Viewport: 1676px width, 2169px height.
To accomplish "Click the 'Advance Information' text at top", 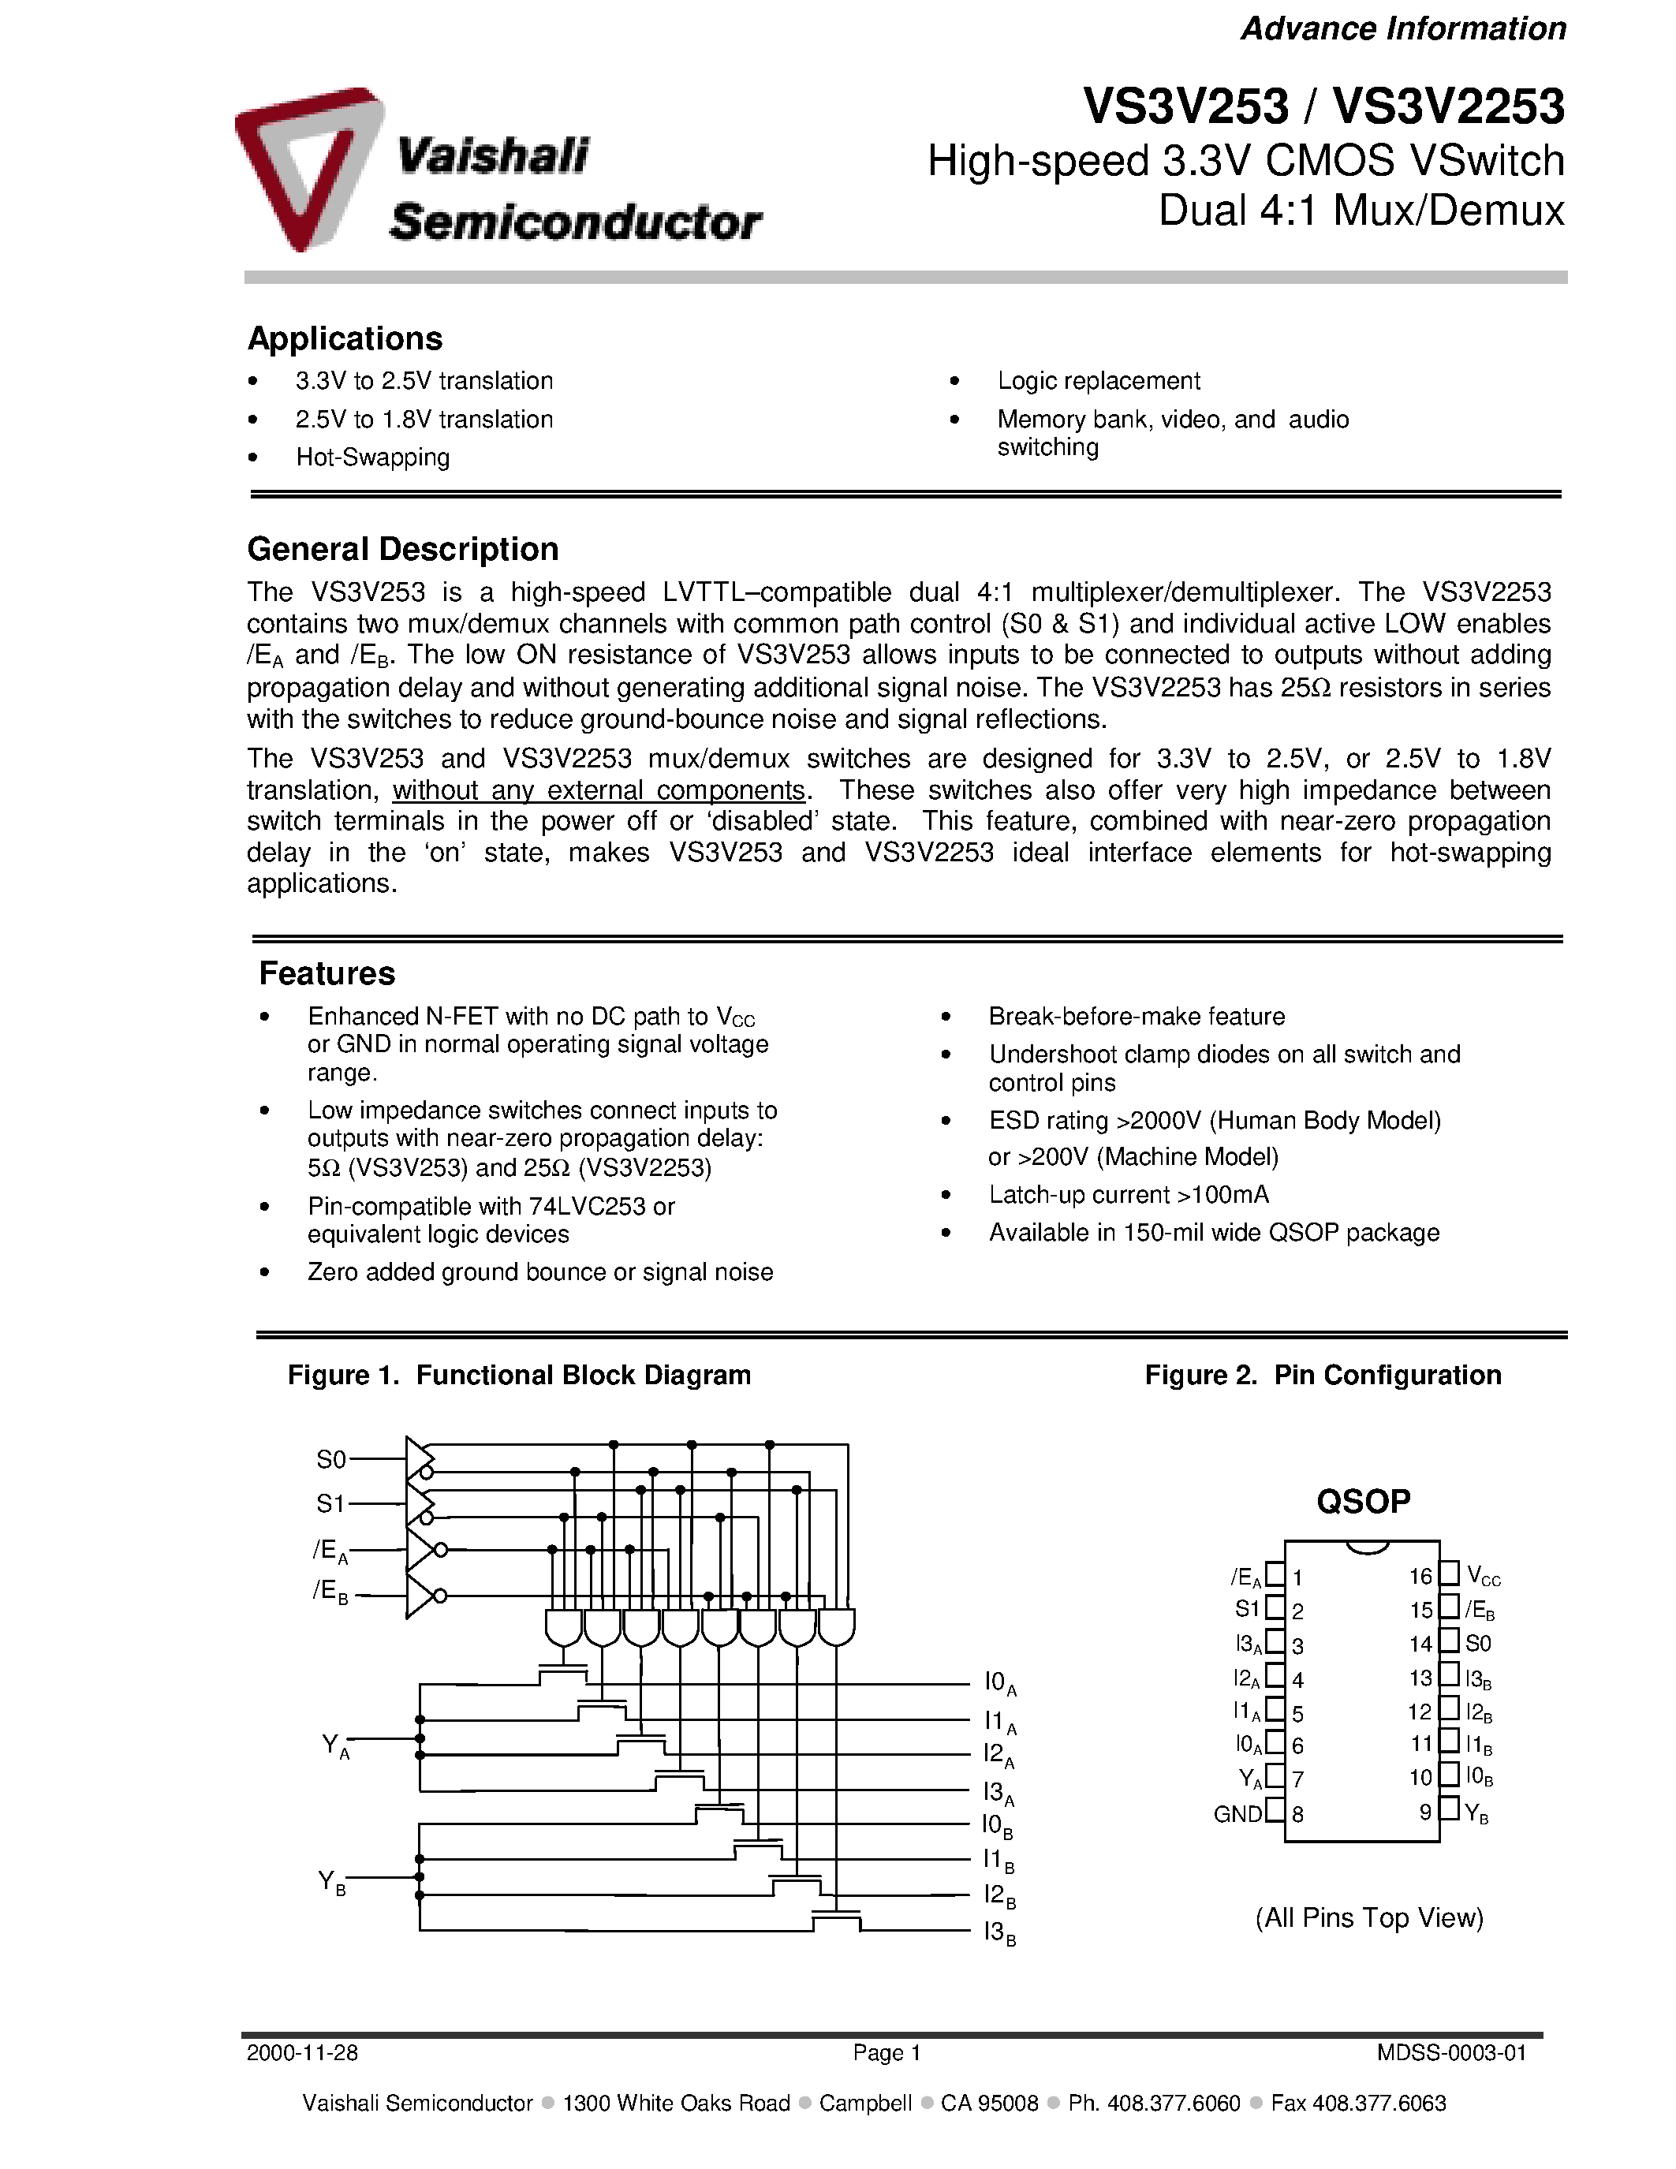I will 1403,29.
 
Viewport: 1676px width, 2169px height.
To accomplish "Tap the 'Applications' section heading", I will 345,338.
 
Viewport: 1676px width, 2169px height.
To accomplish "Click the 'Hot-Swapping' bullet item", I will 372,457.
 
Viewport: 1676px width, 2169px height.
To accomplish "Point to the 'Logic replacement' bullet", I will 1098,382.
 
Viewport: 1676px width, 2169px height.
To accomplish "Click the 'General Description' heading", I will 402,549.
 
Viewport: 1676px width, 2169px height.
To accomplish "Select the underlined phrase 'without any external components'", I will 599,790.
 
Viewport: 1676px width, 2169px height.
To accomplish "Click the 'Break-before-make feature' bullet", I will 1136,1017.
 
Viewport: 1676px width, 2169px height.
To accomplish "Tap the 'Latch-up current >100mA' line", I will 1128,1195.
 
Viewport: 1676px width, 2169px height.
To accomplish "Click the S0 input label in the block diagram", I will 330,1460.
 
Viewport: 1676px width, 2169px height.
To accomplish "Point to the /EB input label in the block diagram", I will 330,1592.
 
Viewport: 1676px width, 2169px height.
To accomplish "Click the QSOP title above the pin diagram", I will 1362,1502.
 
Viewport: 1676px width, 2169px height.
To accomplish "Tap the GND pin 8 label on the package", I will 1237,1814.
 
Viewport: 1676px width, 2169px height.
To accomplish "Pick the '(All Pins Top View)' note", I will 1368,1917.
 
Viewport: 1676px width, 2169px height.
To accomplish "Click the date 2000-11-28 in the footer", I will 302,2053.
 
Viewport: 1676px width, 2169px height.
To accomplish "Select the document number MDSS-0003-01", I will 1450,2053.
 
